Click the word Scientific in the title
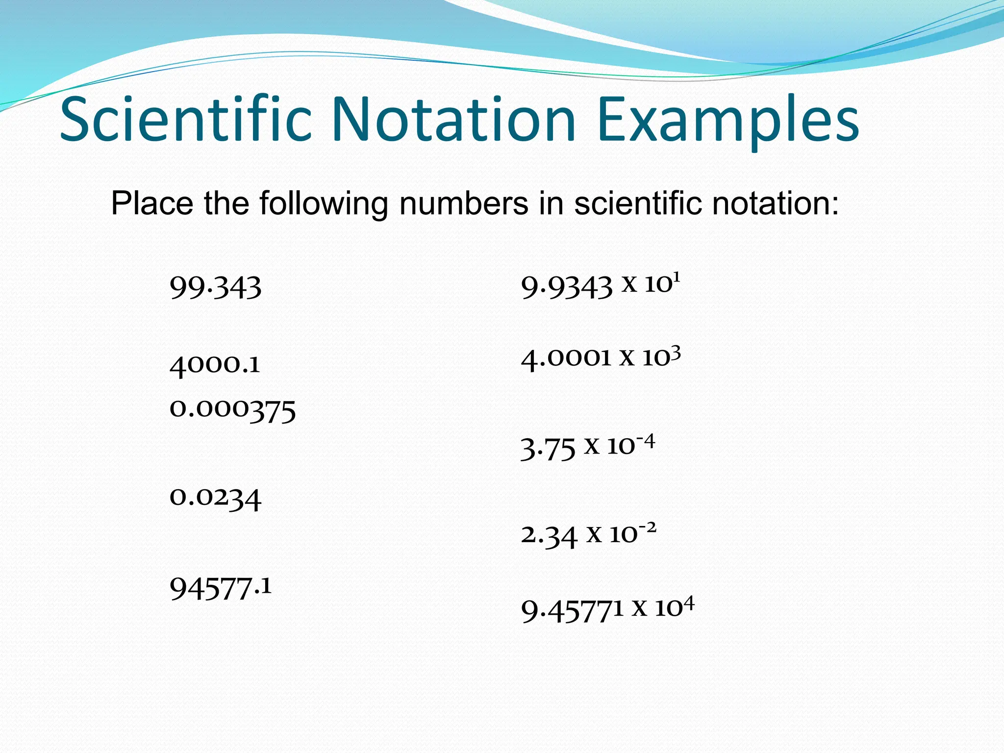coord(186,120)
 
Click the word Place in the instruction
coord(152,203)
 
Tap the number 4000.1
coord(215,365)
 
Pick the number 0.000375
coord(232,410)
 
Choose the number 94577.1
coord(220,588)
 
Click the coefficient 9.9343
coord(567,287)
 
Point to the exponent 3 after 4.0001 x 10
coord(675,352)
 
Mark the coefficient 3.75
coord(548,449)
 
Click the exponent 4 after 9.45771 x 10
coord(688,603)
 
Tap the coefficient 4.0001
coord(566,359)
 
